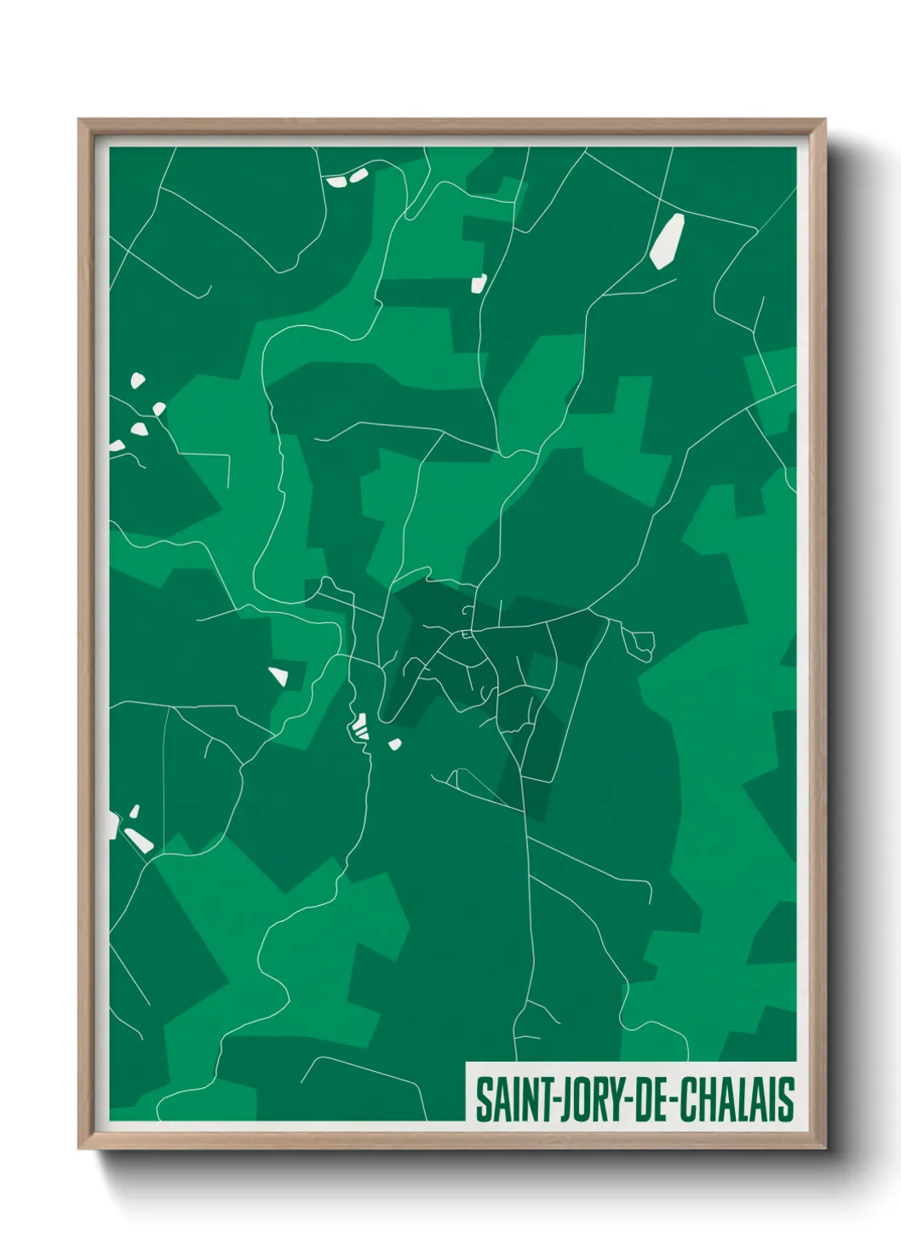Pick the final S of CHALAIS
[x=788, y=1100]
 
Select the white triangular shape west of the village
[x=279, y=677]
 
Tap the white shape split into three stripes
[x=360, y=728]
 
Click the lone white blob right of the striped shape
[x=394, y=744]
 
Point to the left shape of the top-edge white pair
[x=336, y=180]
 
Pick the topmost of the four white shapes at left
[x=136, y=380]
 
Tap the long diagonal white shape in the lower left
[x=139, y=839]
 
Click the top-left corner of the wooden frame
[x=79, y=120]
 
